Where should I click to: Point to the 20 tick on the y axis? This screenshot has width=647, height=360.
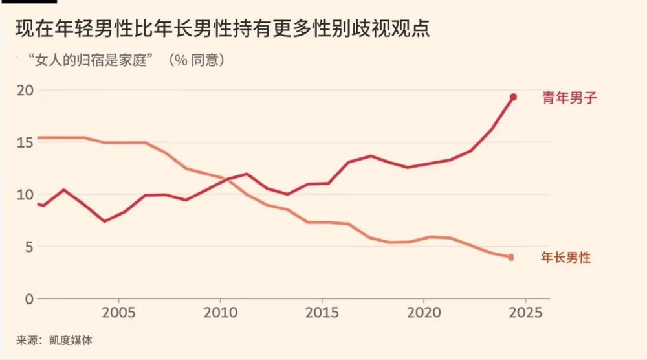click(x=24, y=90)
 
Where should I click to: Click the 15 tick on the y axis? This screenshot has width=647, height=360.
click(x=24, y=142)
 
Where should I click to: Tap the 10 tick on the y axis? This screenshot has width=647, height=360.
click(x=24, y=194)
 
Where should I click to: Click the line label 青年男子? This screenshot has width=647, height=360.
click(x=567, y=98)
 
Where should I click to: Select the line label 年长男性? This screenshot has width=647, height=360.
click(x=565, y=258)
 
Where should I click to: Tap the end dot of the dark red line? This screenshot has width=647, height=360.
click(x=513, y=97)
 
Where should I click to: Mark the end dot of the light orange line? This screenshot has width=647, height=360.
click(x=511, y=257)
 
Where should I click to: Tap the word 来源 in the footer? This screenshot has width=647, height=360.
click(x=27, y=340)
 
